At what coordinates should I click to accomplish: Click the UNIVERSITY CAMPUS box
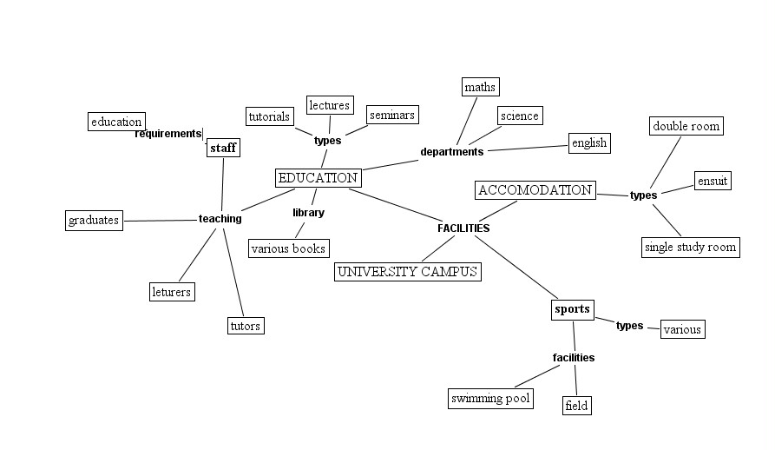(x=407, y=272)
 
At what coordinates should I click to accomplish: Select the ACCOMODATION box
(x=535, y=190)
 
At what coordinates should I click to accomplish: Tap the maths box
(x=480, y=87)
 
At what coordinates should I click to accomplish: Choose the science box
(x=520, y=116)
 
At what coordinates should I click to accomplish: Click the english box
(x=589, y=142)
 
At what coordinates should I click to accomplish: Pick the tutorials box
(x=269, y=116)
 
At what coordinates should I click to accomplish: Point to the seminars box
(x=392, y=115)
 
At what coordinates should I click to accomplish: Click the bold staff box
(x=223, y=149)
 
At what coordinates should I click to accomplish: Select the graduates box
(x=94, y=221)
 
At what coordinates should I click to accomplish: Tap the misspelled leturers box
(x=171, y=292)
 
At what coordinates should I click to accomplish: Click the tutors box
(x=245, y=326)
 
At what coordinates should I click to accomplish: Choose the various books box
(x=288, y=248)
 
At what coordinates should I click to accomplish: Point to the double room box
(x=686, y=126)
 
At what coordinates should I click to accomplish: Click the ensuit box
(x=713, y=181)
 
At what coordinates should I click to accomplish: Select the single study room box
(x=690, y=248)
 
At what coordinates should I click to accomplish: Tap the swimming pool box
(x=490, y=399)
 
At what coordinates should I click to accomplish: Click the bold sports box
(x=572, y=309)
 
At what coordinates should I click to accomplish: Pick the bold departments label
(x=451, y=152)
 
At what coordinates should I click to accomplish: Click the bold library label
(x=308, y=213)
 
